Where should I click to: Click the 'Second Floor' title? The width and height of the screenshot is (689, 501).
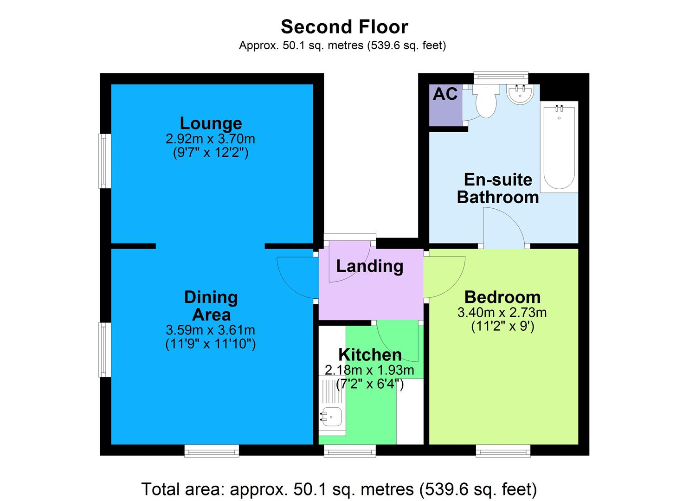344,27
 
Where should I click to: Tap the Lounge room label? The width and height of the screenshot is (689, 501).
211,123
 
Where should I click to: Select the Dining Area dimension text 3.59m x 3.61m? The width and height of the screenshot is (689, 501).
210,330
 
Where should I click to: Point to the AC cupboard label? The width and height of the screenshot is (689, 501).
445,94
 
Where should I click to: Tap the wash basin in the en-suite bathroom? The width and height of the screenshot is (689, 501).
521,94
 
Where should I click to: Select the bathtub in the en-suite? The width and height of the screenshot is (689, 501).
559,146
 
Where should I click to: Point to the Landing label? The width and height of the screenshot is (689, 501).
369,266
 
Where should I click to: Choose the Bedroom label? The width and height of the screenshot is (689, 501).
502,297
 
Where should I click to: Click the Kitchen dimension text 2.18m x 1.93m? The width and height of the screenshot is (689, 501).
369,370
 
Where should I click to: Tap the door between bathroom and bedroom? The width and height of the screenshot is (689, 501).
504,227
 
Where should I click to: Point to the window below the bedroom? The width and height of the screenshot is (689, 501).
502,450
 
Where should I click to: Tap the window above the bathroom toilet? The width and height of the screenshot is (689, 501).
501,77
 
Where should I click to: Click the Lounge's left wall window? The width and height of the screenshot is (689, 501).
104,161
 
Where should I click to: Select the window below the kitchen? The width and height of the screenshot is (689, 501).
349,450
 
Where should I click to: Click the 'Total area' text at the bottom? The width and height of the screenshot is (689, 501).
339,489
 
